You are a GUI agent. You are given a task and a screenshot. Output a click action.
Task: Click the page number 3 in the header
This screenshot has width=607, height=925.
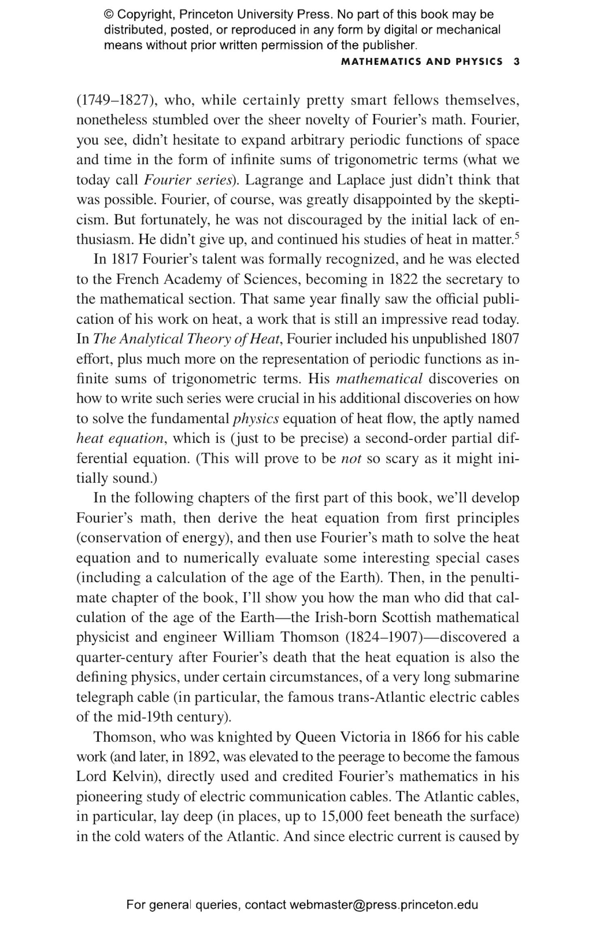click(x=516, y=62)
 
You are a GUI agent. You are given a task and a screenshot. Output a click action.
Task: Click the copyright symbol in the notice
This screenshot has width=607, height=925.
click(x=108, y=15)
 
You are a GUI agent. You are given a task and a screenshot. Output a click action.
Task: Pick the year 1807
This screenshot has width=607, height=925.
click(x=504, y=339)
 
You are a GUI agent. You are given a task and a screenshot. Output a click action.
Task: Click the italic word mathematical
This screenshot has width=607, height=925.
click(x=379, y=379)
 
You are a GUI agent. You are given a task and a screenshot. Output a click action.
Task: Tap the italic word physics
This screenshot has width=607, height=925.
click(x=256, y=418)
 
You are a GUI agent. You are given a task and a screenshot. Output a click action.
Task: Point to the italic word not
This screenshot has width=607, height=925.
click(x=351, y=458)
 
